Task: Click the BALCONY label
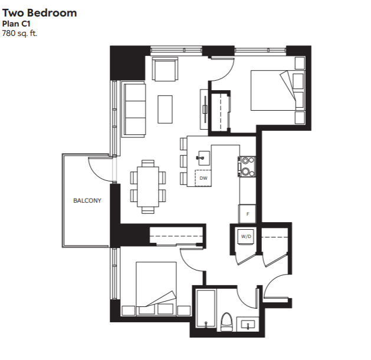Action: point(87,200)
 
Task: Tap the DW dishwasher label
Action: point(203,178)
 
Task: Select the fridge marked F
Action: point(247,214)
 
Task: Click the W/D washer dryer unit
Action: point(246,236)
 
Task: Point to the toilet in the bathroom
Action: point(226,322)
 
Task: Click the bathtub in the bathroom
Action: point(206,308)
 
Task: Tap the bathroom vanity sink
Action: point(248,324)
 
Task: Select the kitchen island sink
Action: point(203,158)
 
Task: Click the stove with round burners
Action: point(247,166)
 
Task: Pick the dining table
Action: point(148,187)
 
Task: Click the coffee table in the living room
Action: point(165,109)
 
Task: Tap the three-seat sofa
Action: point(133,109)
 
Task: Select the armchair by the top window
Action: point(165,69)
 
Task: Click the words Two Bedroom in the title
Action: point(40,13)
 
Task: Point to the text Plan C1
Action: point(16,24)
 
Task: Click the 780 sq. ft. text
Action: point(19,33)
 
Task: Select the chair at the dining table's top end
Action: point(148,163)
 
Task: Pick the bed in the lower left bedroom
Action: point(156,289)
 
